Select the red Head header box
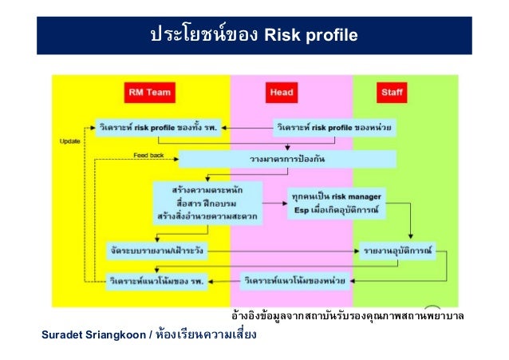(x=282, y=93)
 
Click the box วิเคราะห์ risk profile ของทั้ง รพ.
(x=160, y=127)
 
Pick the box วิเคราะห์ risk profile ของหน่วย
(x=338, y=127)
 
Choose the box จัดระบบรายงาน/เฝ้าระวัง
(x=156, y=251)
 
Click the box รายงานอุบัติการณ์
(x=397, y=251)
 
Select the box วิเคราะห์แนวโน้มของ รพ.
(x=156, y=279)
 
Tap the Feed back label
(x=148, y=154)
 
